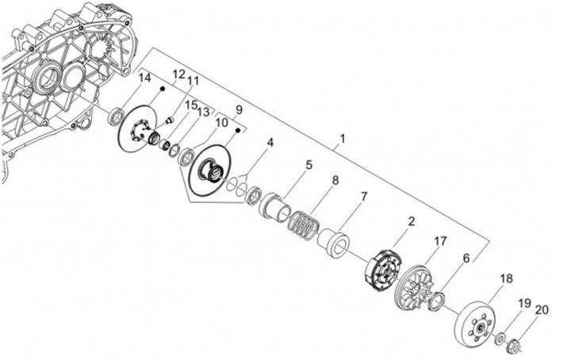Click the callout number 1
342,140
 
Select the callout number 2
411,222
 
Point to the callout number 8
335,181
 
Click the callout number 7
364,196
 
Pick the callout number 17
440,239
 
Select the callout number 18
504,278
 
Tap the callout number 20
542,309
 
